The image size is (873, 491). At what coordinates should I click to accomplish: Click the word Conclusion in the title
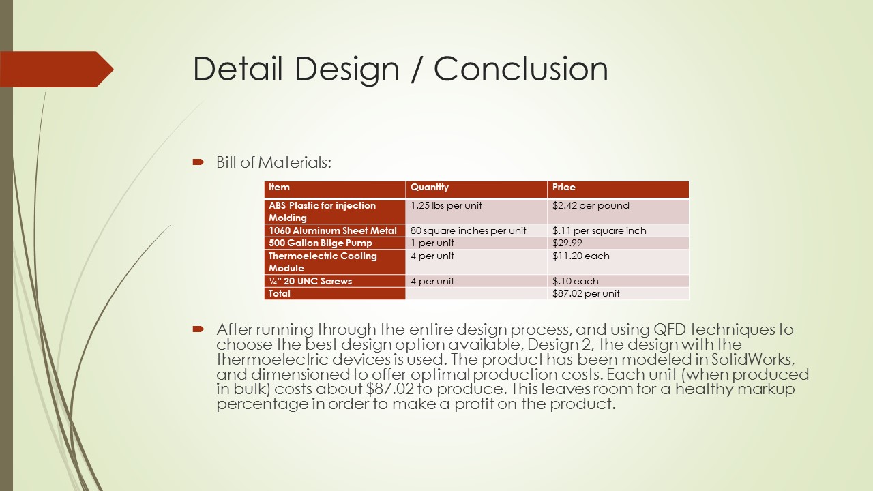(x=520, y=69)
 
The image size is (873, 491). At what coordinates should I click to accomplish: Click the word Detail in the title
(x=237, y=69)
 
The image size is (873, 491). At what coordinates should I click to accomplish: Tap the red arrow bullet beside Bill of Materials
(x=198, y=162)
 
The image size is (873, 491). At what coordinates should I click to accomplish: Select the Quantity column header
(x=430, y=187)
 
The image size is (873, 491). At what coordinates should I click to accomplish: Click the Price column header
(x=563, y=187)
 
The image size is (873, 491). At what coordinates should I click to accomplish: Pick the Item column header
(x=279, y=187)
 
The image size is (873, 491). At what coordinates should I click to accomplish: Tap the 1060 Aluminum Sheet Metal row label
(x=332, y=230)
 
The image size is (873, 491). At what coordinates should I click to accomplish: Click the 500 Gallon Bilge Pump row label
(x=321, y=243)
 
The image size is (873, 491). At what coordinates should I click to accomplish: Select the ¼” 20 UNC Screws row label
(x=310, y=281)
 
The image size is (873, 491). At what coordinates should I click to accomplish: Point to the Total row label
(x=280, y=293)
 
